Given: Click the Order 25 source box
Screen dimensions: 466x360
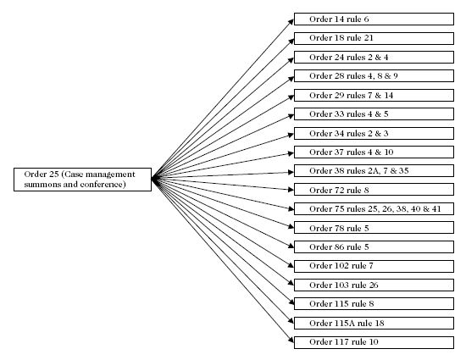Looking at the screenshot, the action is point(83,180).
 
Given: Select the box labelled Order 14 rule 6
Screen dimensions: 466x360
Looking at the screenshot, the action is point(374,19).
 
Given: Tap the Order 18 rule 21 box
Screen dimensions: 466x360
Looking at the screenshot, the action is point(374,39).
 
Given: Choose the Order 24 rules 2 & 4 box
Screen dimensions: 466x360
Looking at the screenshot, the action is point(374,58).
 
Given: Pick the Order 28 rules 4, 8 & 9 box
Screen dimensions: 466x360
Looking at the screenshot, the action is point(374,76).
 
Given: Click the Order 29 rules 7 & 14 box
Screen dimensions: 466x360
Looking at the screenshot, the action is point(374,96).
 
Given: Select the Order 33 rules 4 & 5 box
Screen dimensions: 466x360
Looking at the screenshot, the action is point(374,114).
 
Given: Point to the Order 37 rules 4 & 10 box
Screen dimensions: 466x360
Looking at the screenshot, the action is point(374,152).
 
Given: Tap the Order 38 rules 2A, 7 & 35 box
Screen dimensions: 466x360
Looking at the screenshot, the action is point(374,171).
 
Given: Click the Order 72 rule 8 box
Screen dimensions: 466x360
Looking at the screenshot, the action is point(374,190).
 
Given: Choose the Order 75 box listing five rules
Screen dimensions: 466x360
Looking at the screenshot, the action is point(374,209).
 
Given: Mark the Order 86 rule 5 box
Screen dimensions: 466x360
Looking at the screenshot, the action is point(374,246).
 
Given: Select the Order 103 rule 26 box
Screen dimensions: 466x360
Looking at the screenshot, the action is point(374,285).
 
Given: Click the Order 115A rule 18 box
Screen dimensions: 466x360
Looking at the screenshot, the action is point(374,324).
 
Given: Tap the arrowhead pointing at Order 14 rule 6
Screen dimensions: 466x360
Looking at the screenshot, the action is point(291,22).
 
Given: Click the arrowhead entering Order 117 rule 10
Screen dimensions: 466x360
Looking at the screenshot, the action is point(291,340).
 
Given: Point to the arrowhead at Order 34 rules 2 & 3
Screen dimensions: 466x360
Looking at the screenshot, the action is point(291,136).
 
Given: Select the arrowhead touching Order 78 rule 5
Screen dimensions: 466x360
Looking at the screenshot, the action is point(291,227).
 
